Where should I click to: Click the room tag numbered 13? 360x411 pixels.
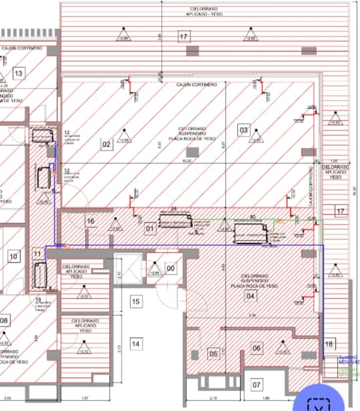coord(19,73)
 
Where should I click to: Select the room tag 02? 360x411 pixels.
coord(106,144)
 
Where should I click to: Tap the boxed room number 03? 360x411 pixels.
coord(244,130)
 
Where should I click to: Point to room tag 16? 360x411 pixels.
coord(90,221)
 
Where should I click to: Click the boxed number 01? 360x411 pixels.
coord(150,229)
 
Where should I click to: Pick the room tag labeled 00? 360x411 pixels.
coord(170,268)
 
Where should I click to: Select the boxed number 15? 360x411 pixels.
coord(135,301)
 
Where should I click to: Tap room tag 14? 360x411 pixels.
coord(135,344)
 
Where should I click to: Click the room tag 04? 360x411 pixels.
coord(250,296)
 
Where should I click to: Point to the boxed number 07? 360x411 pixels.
coord(256,385)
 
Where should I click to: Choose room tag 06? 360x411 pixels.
coord(256,348)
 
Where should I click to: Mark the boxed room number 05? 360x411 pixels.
coord(213,354)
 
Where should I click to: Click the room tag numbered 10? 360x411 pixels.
coord(13,256)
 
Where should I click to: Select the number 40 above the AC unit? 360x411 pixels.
coord(253,217)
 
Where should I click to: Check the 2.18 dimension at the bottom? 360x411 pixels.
coord(213,398)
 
